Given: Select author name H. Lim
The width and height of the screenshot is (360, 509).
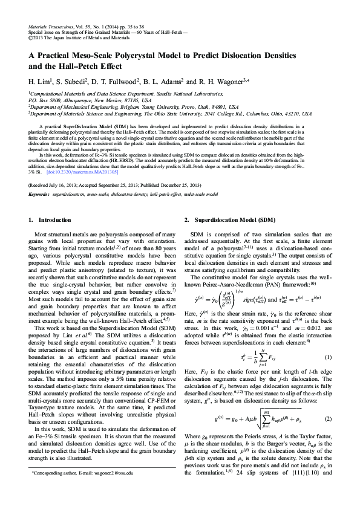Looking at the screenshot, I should point(41,81).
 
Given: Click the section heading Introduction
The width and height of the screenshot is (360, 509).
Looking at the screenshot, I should point(54,220).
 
